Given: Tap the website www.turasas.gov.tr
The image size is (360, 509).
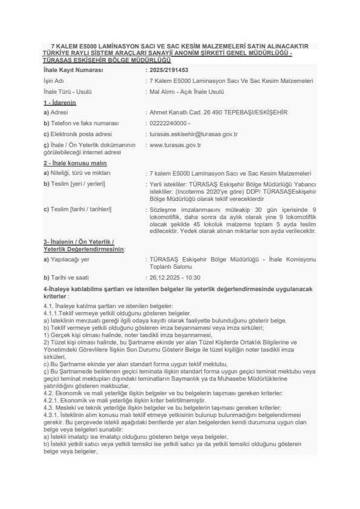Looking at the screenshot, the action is point(175,145).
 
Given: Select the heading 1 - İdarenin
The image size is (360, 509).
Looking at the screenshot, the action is point(59,103).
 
